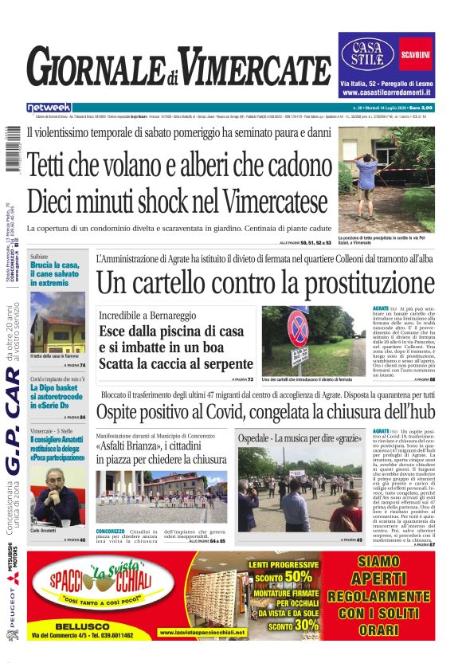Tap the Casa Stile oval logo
point(369,53)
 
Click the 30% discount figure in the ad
point(302,626)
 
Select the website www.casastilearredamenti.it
point(386,93)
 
